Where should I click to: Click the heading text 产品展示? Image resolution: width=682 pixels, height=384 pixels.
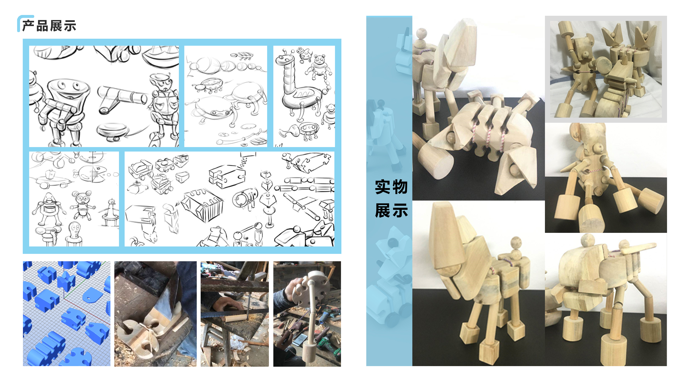coord(49,26)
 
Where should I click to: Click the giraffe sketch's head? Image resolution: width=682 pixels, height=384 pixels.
coord(284,59)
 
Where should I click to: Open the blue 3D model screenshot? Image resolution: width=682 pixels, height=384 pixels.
coord(66,314)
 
